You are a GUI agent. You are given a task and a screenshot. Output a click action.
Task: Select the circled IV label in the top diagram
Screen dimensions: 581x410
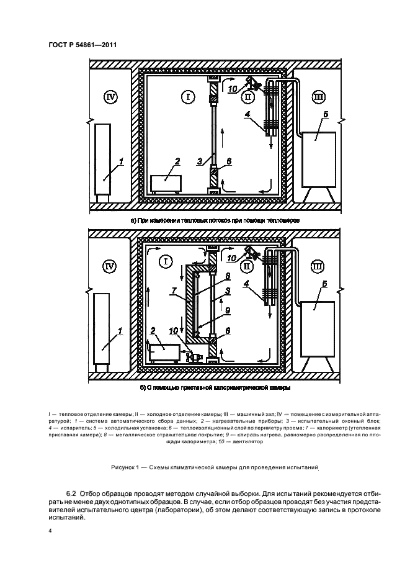(111, 97)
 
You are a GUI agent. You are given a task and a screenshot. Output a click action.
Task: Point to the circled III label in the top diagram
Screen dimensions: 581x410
(318, 97)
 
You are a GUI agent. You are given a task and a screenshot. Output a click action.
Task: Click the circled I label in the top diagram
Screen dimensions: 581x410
(189, 97)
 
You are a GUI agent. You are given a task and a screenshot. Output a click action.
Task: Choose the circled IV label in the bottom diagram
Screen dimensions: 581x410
(111, 267)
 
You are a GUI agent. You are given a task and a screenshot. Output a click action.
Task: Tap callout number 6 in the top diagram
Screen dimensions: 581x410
(229, 161)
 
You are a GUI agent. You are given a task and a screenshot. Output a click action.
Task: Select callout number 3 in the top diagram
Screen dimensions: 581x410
(200, 161)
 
